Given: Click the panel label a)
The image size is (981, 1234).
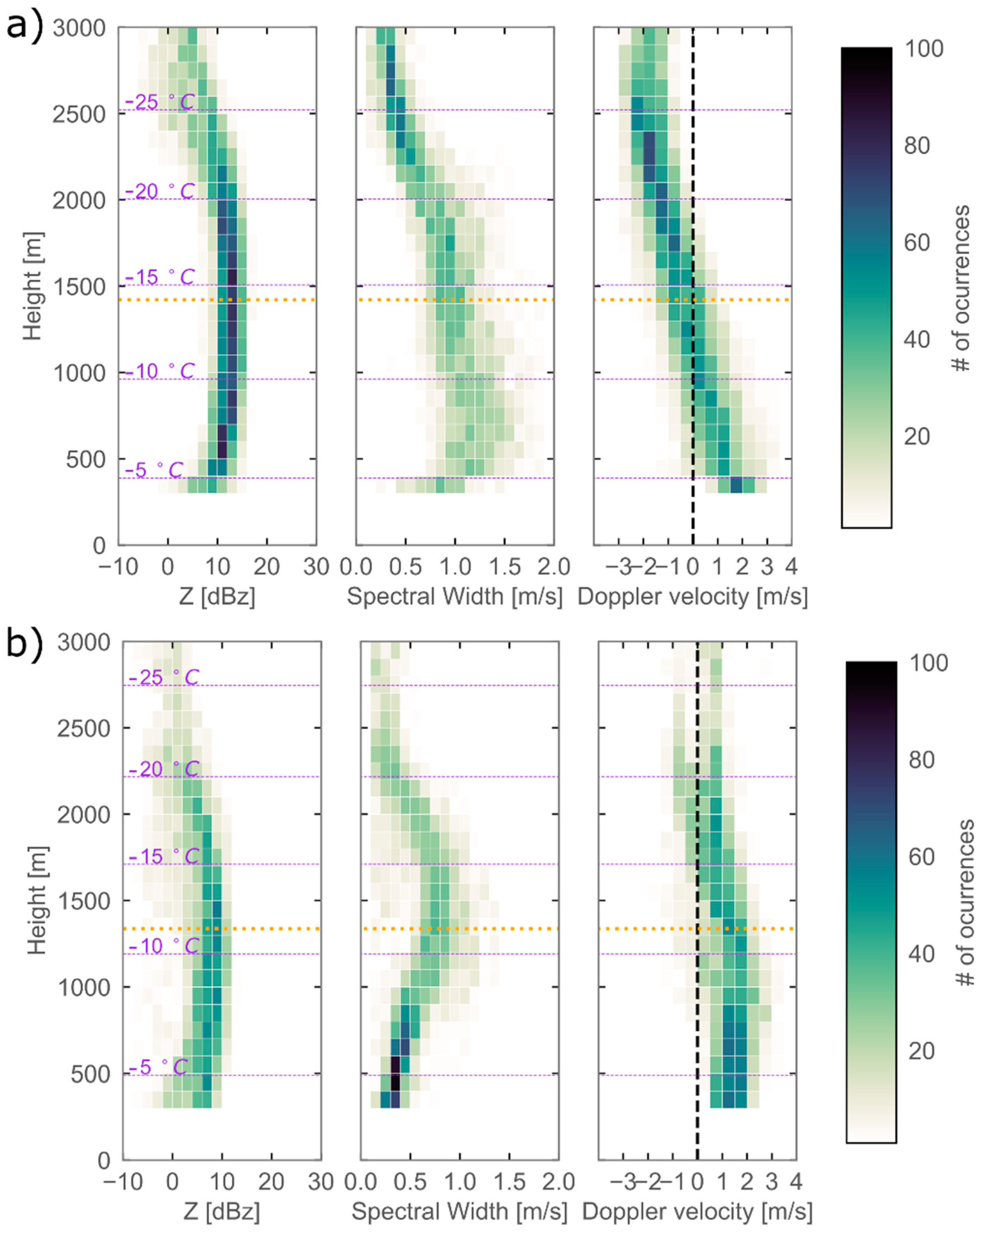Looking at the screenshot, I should (x=24, y=26).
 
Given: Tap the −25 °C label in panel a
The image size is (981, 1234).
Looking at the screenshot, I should (x=159, y=102).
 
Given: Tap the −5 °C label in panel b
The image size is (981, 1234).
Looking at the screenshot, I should (x=158, y=1067).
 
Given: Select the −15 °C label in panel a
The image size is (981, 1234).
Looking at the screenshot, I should (x=159, y=277).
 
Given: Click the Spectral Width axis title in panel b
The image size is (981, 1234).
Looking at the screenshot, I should (x=459, y=1211).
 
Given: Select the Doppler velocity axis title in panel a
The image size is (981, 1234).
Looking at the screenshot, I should (x=692, y=597).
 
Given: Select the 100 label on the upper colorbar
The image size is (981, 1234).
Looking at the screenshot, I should (x=923, y=49).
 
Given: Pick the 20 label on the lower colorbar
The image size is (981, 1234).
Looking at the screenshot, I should (x=922, y=1051).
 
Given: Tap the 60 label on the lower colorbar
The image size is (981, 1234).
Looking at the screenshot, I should (x=922, y=857).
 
